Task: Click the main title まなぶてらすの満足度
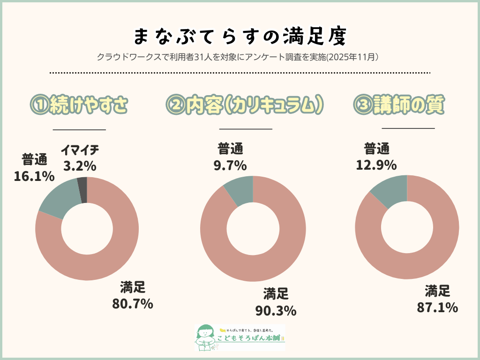coord(240,36)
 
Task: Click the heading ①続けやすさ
coord(79,105)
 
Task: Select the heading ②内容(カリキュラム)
coord(245,105)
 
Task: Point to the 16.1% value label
coord(34,176)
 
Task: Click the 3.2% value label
coord(80,165)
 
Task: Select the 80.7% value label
coord(133,304)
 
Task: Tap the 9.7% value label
coord(231,165)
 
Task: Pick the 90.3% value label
coord(276,310)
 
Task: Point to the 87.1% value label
coord(437,307)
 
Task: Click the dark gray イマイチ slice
coord(82,184)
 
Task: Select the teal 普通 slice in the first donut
coord(59,199)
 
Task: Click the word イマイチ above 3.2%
coord(80,150)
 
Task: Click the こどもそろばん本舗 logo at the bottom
coord(240,337)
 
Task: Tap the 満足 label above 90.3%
coord(276,294)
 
